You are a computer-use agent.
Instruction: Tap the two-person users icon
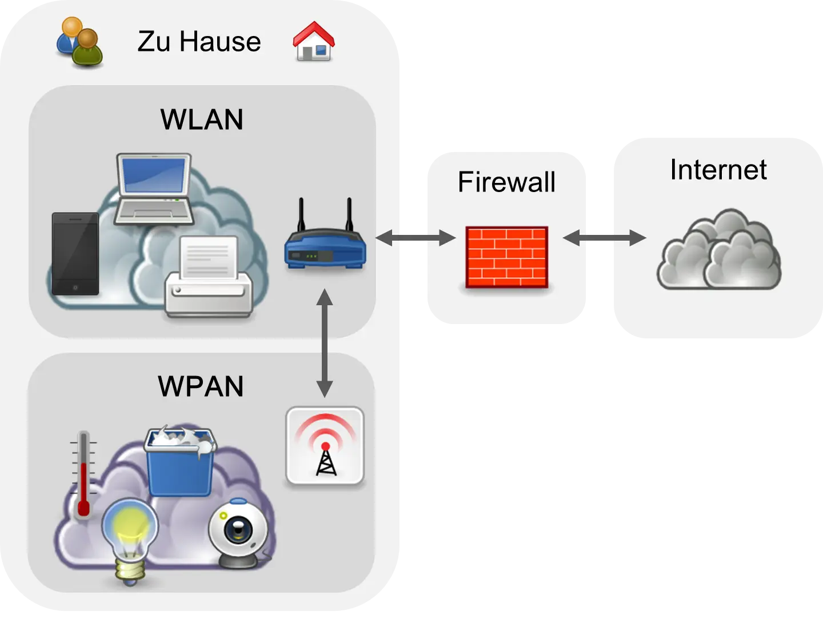coord(79,42)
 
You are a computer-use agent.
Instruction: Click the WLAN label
coord(202,119)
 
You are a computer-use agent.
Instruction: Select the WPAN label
coord(201,386)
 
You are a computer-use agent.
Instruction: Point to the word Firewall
coord(506,182)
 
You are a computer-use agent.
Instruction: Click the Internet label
coord(718,170)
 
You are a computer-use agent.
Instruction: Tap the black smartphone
coord(75,254)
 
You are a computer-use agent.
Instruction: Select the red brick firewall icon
coord(506,257)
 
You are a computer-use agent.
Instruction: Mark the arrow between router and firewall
coord(415,237)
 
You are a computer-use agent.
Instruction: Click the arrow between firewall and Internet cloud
coord(604,237)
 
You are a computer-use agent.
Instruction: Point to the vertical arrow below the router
coord(325,343)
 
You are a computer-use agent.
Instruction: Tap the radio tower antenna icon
coord(325,446)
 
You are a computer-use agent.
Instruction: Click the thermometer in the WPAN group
coord(83,474)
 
